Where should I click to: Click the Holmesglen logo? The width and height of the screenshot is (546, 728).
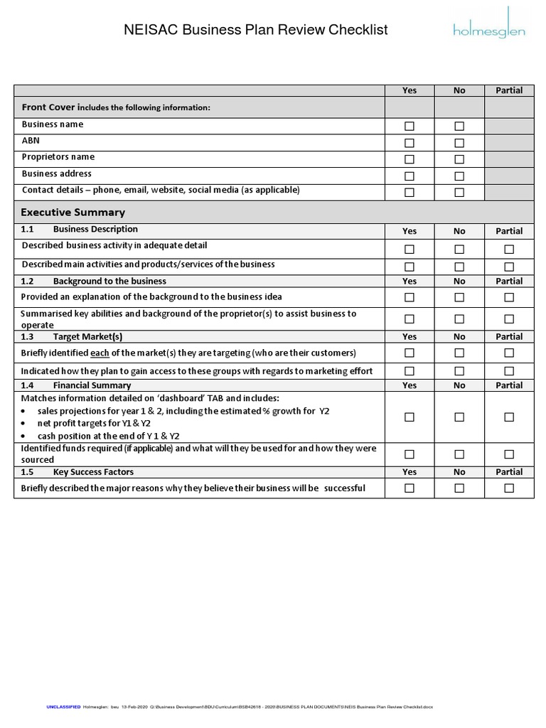pyautogui.click(x=489, y=28)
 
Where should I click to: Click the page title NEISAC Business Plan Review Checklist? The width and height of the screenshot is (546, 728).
pyautogui.click(x=256, y=30)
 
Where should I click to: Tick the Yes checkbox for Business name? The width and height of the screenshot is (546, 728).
pyautogui.click(x=409, y=126)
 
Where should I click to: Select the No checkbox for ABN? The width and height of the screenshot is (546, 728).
pyautogui.click(x=459, y=143)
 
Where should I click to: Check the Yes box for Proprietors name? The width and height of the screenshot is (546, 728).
pyautogui.click(x=409, y=159)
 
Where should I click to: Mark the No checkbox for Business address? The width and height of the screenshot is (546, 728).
pyautogui.click(x=459, y=176)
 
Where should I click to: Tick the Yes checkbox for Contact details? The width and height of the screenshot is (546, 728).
pyautogui.click(x=409, y=192)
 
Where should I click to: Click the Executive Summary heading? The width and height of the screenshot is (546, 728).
pyautogui.click(x=73, y=213)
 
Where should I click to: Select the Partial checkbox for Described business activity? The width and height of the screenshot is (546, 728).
pyautogui.click(x=509, y=249)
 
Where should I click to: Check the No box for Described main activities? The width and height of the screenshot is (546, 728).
pyautogui.click(x=459, y=267)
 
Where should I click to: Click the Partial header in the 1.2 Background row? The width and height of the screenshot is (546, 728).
pyautogui.click(x=509, y=282)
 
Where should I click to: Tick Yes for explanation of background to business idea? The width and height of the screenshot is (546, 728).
pyautogui.click(x=409, y=297)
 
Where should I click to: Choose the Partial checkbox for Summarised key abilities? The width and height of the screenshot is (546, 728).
pyautogui.click(x=509, y=319)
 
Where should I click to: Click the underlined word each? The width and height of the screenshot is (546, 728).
pyautogui.click(x=100, y=353)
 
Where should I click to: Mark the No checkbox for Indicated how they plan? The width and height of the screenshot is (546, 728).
pyautogui.click(x=459, y=371)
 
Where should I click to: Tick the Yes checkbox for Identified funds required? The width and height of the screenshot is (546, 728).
pyautogui.click(x=409, y=454)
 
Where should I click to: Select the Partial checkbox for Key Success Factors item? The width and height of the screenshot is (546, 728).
pyautogui.click(x=509, y=488)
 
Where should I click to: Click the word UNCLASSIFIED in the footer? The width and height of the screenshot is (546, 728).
pyautogui.click(x=63, y=707)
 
